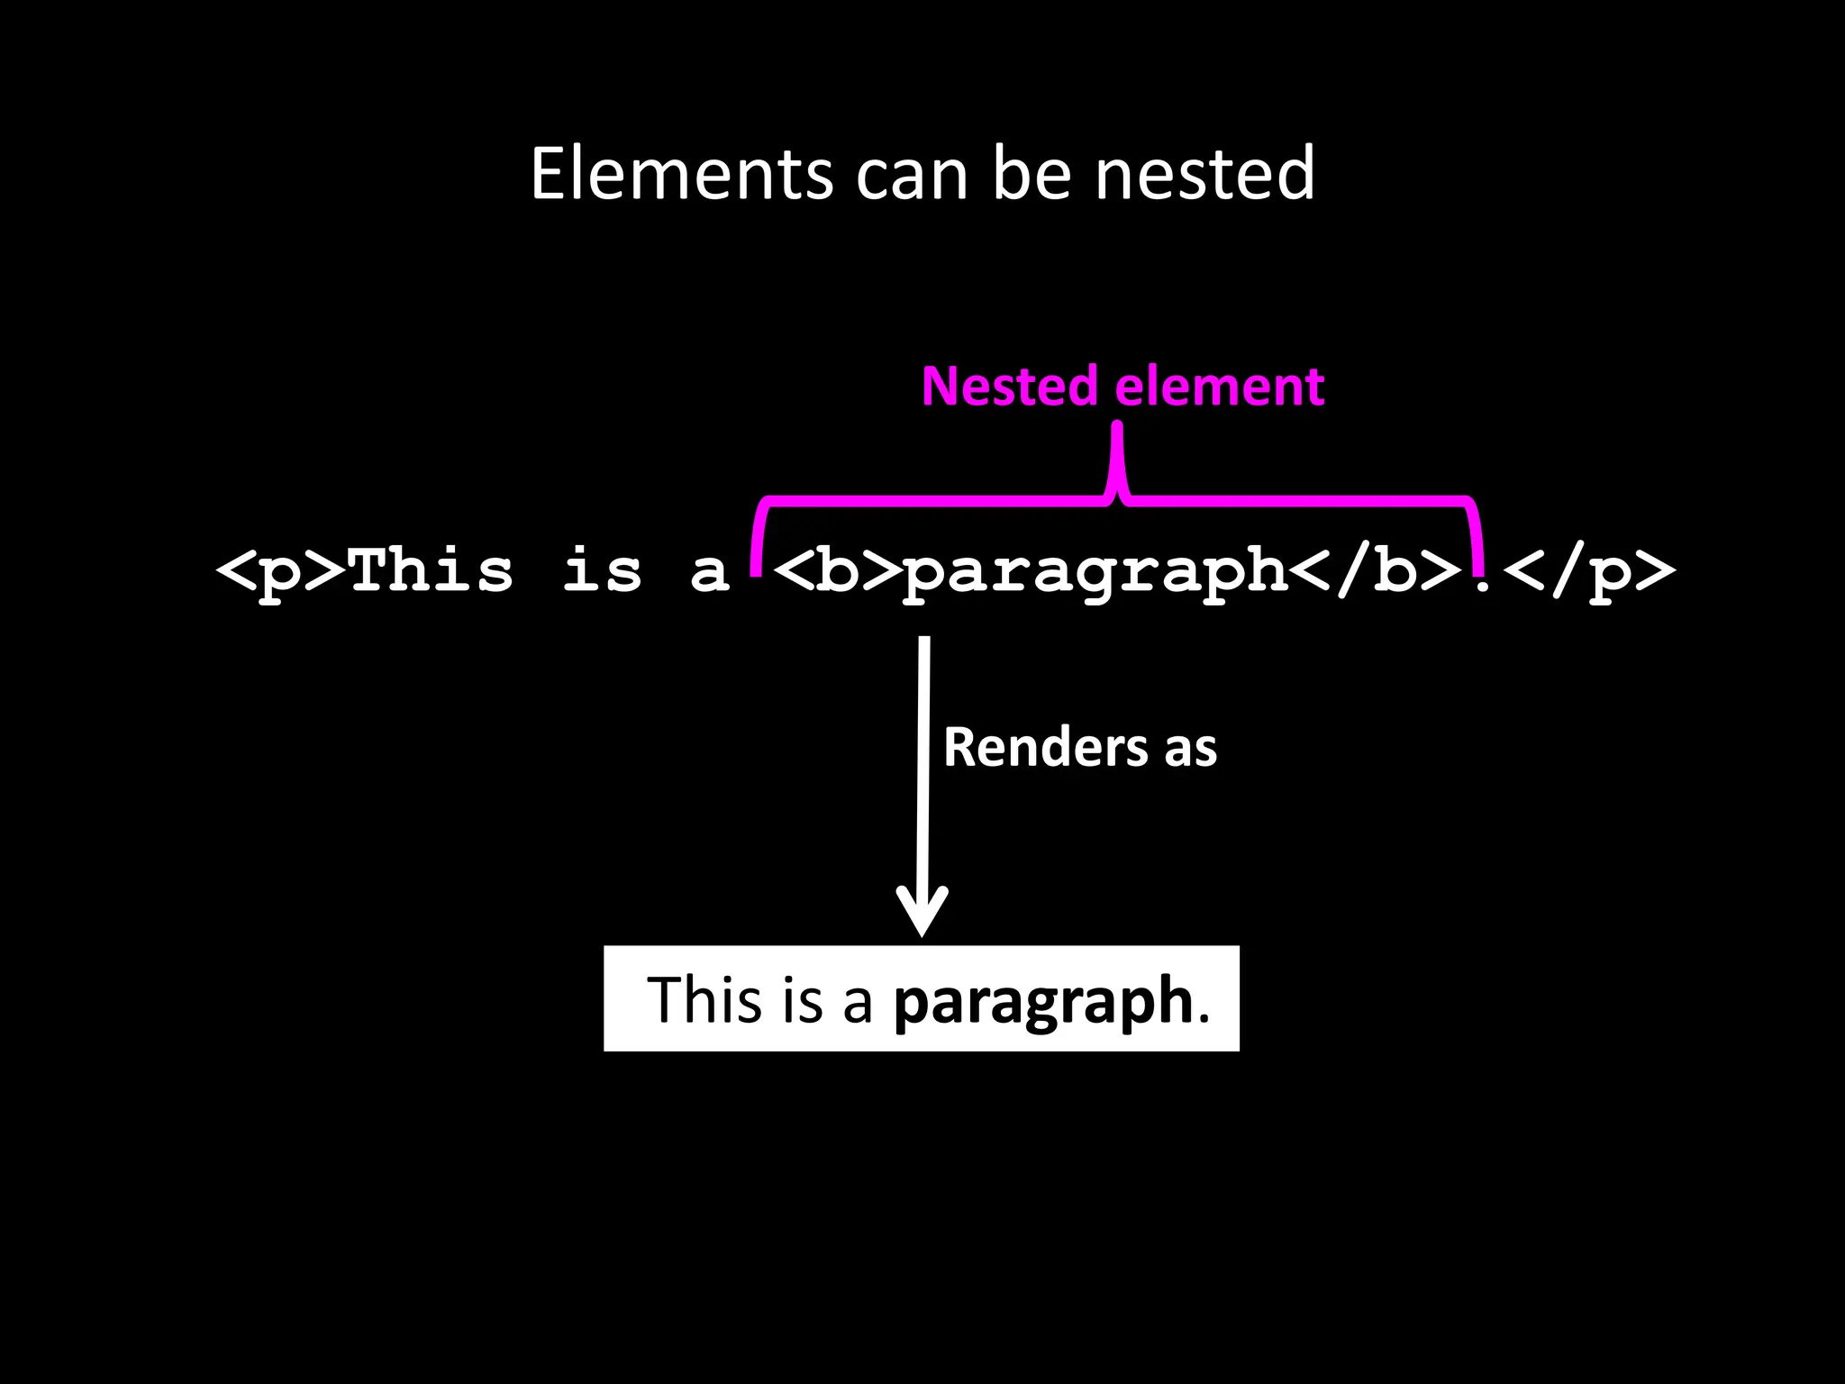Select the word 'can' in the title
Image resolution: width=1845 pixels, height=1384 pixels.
coord(911,175)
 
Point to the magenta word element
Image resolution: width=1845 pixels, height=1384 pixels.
coord(1220,387)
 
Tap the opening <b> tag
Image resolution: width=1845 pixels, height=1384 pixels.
coord(837,571)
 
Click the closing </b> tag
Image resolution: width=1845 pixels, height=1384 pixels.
coord(1377,571)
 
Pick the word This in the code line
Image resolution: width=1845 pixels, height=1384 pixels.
coord(431,569)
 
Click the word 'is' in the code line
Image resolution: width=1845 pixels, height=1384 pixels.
coord(602,569)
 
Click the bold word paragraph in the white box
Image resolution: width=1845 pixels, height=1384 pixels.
coord(1043,1002)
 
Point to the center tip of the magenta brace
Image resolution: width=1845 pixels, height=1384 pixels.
coord(1117,431)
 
